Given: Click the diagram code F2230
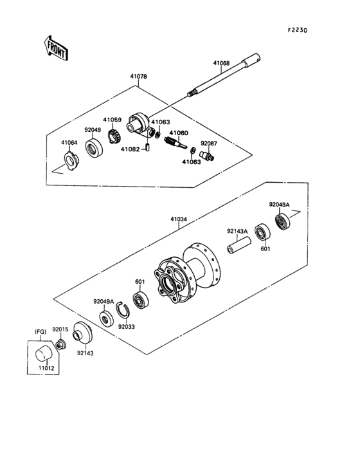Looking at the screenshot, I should [x=298, y=30].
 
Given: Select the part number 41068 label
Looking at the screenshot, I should [x=221, y=63].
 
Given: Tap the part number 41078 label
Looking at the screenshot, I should [x=138, y=76].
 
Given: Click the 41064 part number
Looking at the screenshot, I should [x=69, y=142].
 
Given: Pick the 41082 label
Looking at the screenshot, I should [x=130, y=149].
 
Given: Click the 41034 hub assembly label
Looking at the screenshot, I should [x=179, y=219].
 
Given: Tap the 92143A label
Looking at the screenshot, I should [x=237, y=232].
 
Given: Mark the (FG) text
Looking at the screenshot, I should [x=40, y=333].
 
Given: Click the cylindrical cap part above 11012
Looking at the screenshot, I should [x=44, y=353].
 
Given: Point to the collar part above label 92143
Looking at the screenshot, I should [x=83, y=333].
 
